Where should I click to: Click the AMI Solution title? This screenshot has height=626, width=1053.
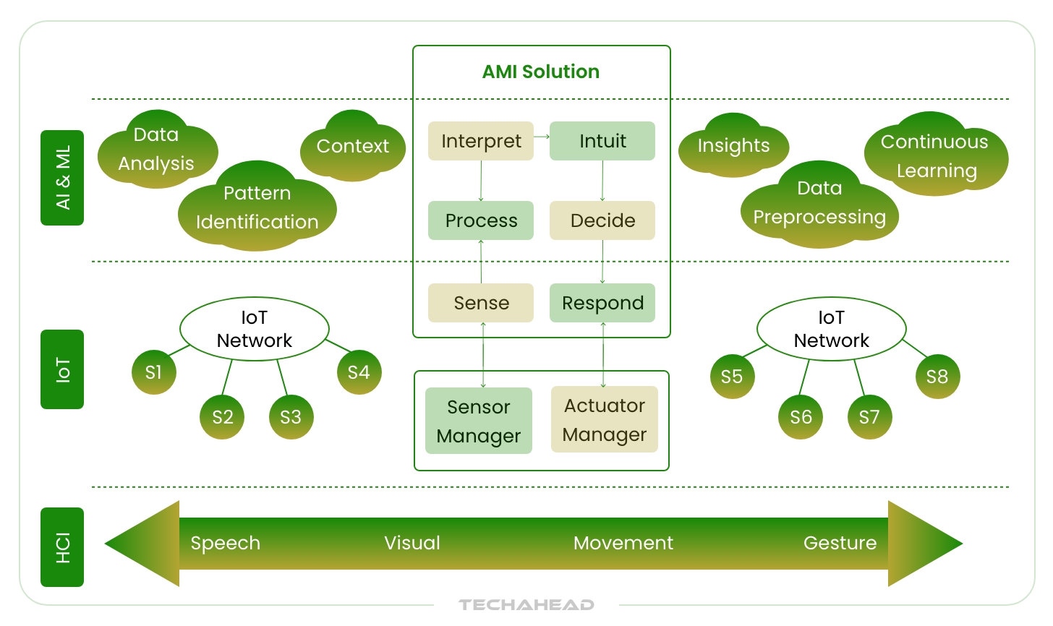point(540,72)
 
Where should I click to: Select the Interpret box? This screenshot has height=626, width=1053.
point(481,141)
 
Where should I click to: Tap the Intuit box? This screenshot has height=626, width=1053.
point(602,141)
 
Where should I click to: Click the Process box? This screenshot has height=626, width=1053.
point(481,220)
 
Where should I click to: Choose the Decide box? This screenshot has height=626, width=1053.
point(602,220)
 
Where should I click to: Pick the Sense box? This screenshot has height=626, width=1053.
point(481,303)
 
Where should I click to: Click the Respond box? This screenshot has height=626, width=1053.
point(602,303)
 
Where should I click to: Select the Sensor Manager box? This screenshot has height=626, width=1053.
point(479,421)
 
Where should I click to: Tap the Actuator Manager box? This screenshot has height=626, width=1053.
point(605,419)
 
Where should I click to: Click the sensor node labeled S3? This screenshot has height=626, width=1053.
point(291,417)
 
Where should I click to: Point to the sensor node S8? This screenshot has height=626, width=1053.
point(937,377)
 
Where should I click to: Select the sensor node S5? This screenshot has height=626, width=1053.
point(732,377)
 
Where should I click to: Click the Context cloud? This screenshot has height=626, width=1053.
point(353,147)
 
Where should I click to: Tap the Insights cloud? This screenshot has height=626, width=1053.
point(733,146)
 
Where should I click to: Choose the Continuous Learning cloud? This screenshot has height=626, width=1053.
point(935,156)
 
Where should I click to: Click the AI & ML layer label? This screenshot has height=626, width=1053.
point(62,178)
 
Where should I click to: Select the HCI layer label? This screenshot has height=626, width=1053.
point(62,547)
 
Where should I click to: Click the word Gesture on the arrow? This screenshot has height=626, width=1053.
point(840,543)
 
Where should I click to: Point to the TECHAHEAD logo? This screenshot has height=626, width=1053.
point(526,604)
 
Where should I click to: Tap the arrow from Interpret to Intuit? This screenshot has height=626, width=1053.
point(542,137)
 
